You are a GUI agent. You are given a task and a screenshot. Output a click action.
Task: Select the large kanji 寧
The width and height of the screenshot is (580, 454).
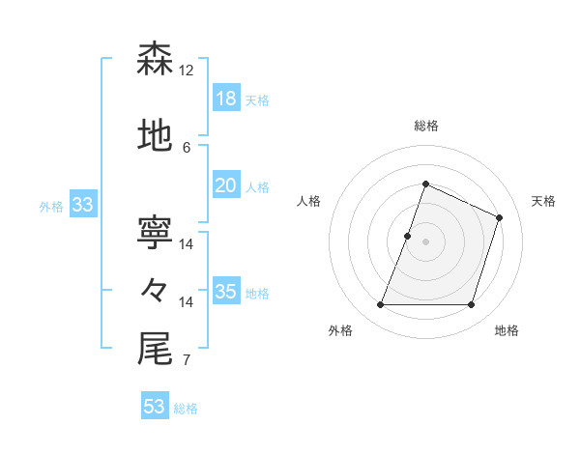tap(155, 233)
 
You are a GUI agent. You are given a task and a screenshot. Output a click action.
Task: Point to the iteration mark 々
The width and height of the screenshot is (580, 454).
tap(155, 291)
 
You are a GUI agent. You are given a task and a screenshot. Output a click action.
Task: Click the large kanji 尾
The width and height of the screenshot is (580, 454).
tap(155, 349)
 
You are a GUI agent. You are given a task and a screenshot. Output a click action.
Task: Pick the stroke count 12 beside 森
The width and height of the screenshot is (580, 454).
tap(187, 71)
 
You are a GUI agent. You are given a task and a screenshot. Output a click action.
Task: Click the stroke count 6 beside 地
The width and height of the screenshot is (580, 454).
tap(187, 148)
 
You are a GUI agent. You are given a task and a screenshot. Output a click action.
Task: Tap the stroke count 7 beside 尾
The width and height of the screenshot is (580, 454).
tap(187, 361)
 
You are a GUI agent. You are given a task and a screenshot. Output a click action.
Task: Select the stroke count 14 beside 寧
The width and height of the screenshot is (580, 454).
tap(187, 244)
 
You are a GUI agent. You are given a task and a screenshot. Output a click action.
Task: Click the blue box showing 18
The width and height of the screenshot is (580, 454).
tap(225, 98)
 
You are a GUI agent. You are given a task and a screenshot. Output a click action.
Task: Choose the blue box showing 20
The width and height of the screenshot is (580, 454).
tap(225, 185)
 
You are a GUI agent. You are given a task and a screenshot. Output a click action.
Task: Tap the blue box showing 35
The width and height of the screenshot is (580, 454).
tap(225, 292)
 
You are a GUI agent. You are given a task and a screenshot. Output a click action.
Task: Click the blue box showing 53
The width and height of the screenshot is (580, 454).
tap(154, 407)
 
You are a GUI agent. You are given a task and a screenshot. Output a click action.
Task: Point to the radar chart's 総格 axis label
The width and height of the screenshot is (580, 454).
tap(425, 126)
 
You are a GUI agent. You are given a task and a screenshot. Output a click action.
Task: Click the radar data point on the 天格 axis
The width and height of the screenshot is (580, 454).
tap(500, 217)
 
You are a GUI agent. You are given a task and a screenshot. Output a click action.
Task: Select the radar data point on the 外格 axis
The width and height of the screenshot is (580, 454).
tap(380, 305)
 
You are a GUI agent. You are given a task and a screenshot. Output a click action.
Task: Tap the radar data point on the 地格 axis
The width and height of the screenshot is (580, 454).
tap(471, 305)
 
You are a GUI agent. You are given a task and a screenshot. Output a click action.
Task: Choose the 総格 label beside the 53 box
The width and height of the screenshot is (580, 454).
tap(186, 409)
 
